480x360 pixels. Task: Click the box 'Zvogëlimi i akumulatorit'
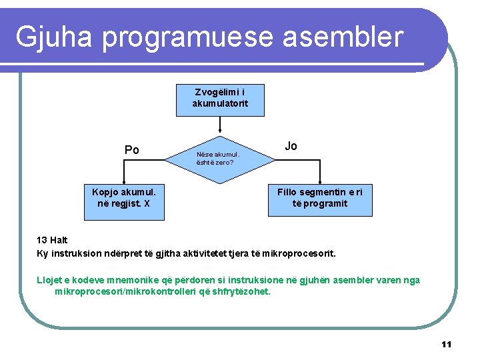coord(220,98)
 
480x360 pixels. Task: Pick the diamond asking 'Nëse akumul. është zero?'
coord(220,157)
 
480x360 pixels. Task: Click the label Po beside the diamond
coord(132,150)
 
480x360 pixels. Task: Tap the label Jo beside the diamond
coord(291,146)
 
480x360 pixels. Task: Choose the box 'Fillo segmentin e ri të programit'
coord(320,198)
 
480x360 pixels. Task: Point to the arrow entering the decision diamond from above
coord(220,129)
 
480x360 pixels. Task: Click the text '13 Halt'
coord(52,240)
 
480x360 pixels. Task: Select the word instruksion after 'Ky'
coord(73,253)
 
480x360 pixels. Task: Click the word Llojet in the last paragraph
coord(49,280)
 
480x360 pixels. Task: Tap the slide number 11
coord(446,344)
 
